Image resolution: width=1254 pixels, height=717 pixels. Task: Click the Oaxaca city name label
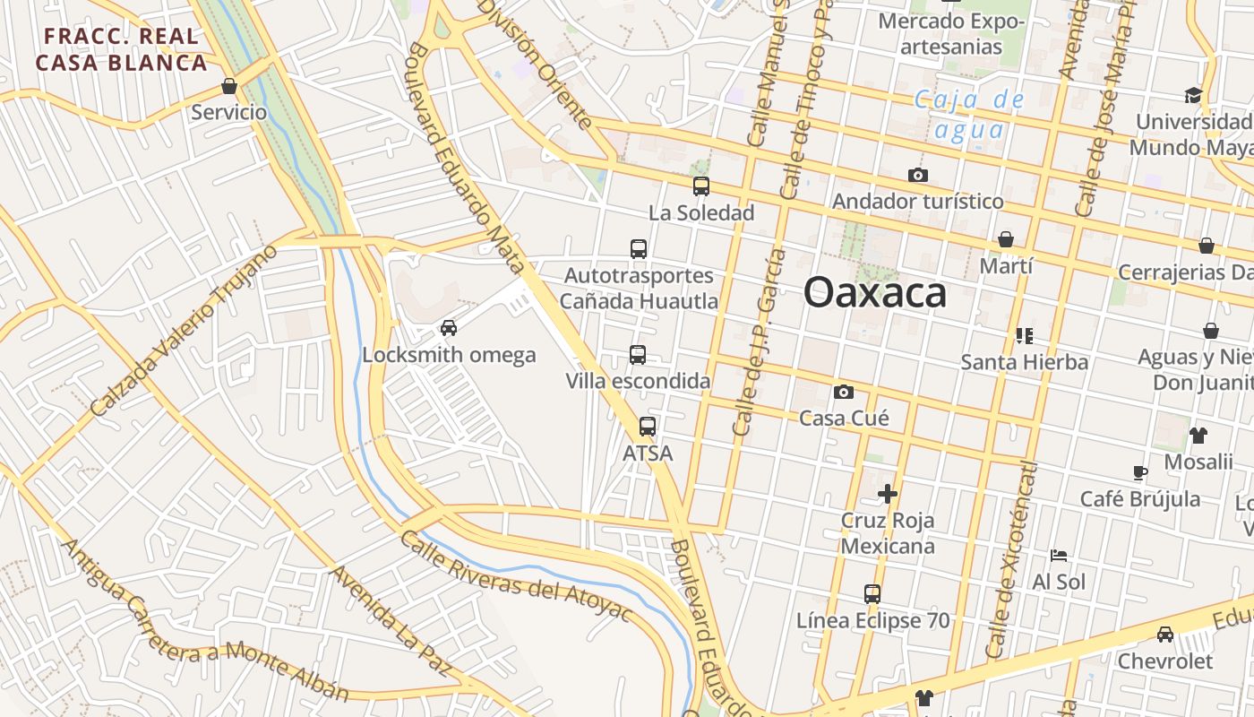(874, 293)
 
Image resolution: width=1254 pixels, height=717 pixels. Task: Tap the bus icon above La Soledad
(701, 186)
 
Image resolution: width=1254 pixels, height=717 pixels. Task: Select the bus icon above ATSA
(648, 427)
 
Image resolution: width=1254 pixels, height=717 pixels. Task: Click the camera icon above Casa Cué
(843, 392)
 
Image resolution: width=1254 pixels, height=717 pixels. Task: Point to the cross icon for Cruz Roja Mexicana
(888, 493)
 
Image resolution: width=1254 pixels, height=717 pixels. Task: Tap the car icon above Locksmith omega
(449, 328)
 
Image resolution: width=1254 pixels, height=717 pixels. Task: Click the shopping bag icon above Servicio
(229, 87)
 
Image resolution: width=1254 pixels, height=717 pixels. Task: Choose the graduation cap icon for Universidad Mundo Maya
(1193, 95)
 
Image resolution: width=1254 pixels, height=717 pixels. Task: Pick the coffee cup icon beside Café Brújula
(1139, 472)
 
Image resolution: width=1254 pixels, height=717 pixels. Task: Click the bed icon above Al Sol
(1059, 556)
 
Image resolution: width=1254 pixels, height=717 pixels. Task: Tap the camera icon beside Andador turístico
(917, 175)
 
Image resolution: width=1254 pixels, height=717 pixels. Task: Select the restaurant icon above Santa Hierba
(1025, 336)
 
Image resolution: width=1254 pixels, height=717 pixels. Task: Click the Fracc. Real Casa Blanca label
(122, 49)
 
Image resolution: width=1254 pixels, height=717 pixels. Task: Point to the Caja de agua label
(968, 114)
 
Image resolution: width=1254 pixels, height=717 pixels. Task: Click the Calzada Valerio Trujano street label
(183, 331)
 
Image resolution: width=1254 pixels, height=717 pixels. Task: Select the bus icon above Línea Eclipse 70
(872, 593)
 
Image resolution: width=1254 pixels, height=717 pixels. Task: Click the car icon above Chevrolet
(1165, 635)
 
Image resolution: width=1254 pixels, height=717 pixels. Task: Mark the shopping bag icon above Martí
(1006, 239)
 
